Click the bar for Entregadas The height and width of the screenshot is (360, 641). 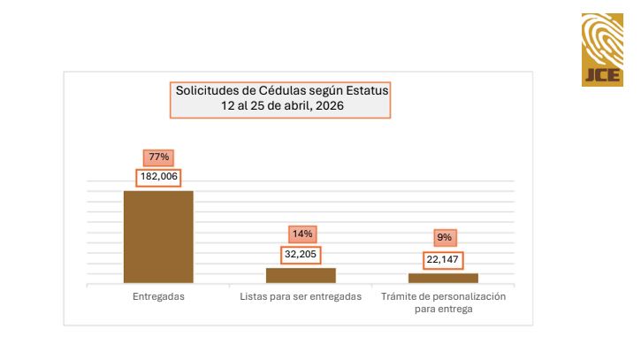158,236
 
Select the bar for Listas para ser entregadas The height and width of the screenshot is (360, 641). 301,275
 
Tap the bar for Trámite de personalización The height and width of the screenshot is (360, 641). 443,278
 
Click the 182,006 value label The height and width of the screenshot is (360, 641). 158,177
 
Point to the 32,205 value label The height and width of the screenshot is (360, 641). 301,254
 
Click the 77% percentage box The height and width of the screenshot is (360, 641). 158,157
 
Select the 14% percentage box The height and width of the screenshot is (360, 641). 301,234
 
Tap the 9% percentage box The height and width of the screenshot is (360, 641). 443,237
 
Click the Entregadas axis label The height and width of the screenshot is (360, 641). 158,296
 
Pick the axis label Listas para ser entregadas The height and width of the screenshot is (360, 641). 301,296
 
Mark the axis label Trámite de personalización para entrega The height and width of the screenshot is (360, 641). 443,303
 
